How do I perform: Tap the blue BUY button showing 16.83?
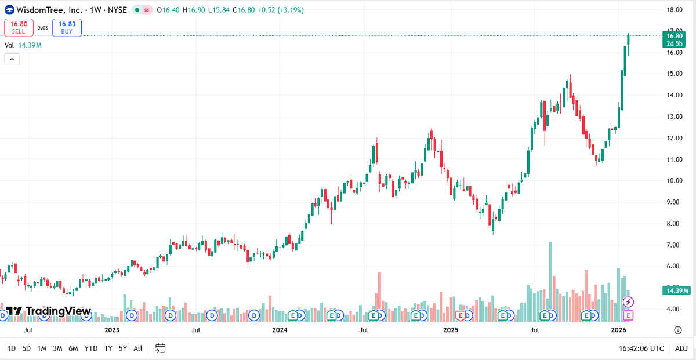pos(67,27)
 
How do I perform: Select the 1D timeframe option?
pos(11,348)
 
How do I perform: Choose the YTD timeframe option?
pos(90,348)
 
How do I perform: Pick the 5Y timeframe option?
pos(123,348)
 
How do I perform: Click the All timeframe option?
pos(137,348)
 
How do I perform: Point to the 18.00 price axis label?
pos(674,10)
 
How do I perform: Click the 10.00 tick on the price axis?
pos(674,181)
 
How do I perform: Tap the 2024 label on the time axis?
pos(280,330)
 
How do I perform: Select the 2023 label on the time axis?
pos(111,330)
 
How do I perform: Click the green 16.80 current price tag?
pos(675,39)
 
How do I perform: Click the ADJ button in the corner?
pos(681,348)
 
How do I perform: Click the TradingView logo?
pos(46,311)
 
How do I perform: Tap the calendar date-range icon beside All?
pos(161,348)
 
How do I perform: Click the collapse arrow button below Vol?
pos(12,59)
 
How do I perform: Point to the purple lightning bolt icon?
pos(629,302)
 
